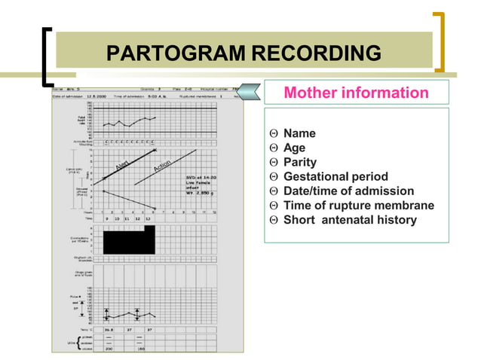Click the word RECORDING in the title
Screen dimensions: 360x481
[x=316, y=53]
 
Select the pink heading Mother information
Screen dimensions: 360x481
[x=356, y=93]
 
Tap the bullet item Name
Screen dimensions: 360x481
[x=299, y=133]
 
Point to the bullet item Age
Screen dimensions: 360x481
[x=294, y=148]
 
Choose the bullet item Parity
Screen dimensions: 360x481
[x=299, y=162]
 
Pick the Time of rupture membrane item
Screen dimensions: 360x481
[x=358, y=205]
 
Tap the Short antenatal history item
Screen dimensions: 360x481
[x=349, y=219]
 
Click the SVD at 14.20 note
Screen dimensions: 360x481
[x=201, y=178]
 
